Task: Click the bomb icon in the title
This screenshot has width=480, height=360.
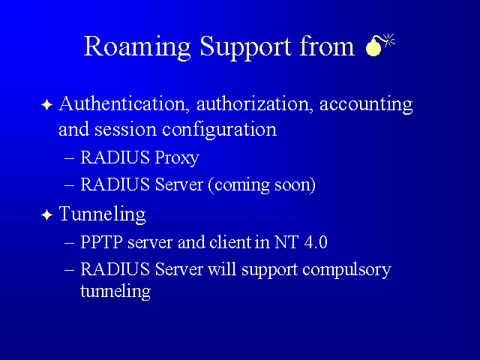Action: point(379,45)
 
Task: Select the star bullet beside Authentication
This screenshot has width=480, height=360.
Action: point(46,105)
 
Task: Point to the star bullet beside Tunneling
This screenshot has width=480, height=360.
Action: point(46,214)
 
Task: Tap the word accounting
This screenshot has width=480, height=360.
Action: point(366,105)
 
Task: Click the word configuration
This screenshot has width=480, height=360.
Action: point(219,130)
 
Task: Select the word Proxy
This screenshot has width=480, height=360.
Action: point(177,158)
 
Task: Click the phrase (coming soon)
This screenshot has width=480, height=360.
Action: point(262,185)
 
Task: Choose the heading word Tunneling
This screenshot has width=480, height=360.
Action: point(102,214)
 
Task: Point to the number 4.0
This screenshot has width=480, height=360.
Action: point(316,241)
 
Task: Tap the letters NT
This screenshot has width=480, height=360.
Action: point(286,241)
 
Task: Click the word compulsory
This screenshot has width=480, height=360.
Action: point(346,271)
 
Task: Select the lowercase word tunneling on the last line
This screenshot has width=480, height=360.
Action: point(115,291)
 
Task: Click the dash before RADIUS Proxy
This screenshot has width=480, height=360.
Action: point(70,158)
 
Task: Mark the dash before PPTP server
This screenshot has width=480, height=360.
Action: point(70,243)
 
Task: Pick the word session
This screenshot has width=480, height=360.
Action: point(125,129)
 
